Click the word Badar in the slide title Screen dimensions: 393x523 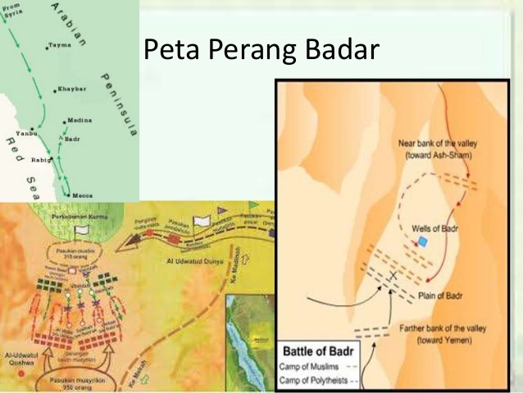click(339, 51)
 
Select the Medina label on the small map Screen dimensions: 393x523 click(79, 120)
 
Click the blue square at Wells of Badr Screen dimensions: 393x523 click(422, 240)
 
